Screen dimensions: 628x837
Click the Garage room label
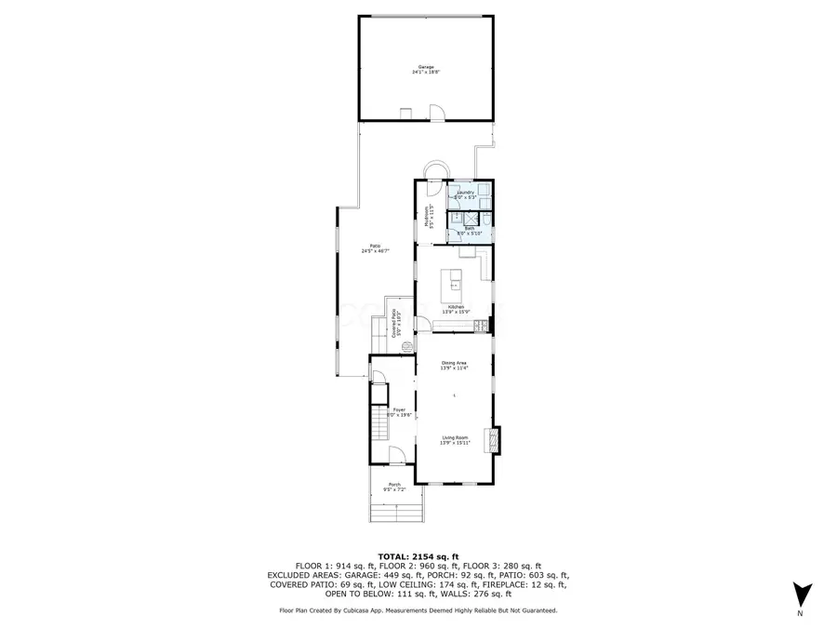[x=426, y=68]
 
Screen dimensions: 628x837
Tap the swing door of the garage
[x=436, y=113]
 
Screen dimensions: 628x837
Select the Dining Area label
[x=454, y=364]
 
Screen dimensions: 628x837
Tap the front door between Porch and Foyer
[x=395, y=458]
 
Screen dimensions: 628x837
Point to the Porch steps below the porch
[x=397, y=511]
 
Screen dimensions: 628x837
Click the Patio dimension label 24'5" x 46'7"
[x=375, y=248]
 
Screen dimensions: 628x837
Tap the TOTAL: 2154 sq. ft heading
[x=418, y=555]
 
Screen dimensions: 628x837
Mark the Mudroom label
[x=430, y=218]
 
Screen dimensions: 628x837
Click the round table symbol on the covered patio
[x=405, y=343]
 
